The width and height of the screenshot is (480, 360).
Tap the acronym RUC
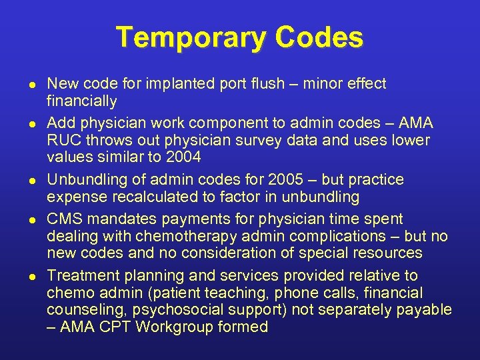(x=64, y=140)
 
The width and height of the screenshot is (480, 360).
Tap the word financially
(x=81, y=101)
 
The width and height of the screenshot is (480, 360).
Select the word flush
(x=237, y=84)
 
